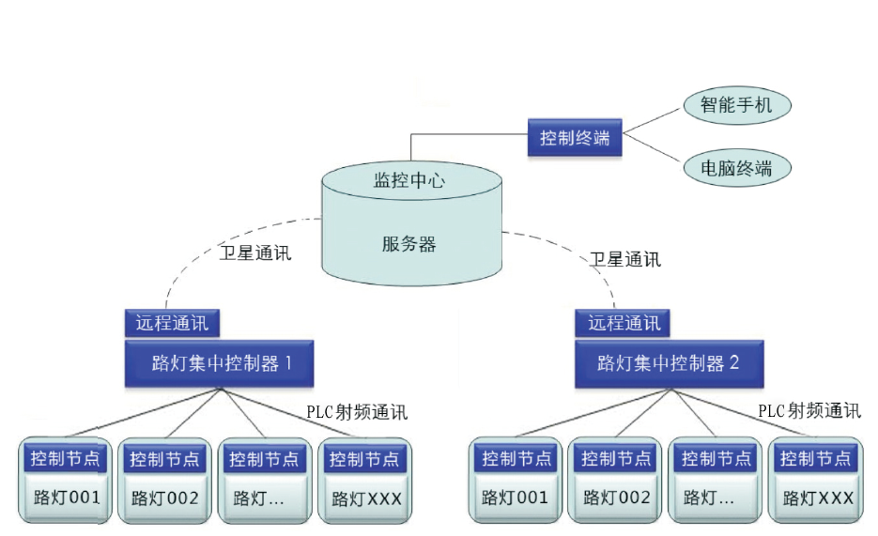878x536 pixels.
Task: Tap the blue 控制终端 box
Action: pos(575,138)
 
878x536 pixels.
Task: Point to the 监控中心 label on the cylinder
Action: pos(409,180)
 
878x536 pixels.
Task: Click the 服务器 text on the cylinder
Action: pos(409,245)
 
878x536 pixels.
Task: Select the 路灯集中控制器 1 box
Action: pos(218,363)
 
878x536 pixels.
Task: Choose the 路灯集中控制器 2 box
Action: pos(668,363)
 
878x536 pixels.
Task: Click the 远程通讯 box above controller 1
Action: pos(172,323)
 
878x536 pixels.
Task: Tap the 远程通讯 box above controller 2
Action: pos(624,323)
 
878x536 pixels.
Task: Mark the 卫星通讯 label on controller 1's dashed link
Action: pos(255,253)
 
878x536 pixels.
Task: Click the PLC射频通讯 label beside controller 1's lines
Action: pos(357,412)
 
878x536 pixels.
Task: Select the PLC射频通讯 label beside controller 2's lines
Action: pos(809,410)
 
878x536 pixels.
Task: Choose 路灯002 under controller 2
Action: pos(615,497)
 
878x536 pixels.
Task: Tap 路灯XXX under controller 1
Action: pos(363,498)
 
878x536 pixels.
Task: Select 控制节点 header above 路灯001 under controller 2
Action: pos(515,459)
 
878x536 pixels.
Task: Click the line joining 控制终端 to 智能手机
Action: pos(652,120)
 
